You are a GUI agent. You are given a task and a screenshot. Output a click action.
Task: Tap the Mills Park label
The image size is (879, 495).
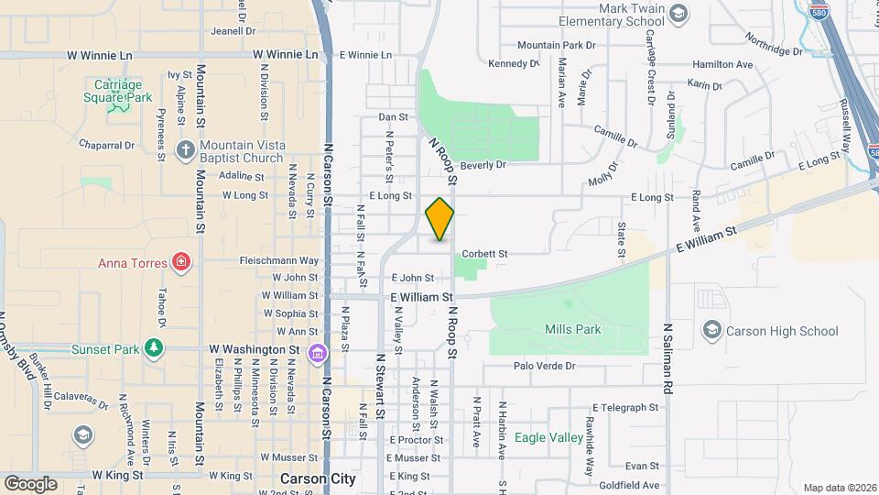click(x=572, y=329)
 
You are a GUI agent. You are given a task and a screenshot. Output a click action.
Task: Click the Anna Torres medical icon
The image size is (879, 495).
click(x=182, y=263)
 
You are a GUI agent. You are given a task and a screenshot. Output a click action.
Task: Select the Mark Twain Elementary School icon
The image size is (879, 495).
click(x=678, y=14)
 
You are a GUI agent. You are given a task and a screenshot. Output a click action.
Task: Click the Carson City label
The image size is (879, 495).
click(x=318, y=479)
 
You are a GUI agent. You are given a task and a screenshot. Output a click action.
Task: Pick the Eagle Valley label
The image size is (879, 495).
click(x=548, y=438)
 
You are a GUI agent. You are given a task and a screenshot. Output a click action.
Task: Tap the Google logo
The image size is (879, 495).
click(x=30, y=483)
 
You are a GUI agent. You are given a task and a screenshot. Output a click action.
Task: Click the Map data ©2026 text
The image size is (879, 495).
click(x=839, y=488)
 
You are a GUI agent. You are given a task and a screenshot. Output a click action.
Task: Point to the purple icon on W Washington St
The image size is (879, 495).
click(x=318, y=352)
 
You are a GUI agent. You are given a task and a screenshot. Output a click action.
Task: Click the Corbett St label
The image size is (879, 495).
click(x=484, y=253)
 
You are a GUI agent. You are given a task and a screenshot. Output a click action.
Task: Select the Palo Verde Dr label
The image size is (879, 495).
click(x=544, y=366)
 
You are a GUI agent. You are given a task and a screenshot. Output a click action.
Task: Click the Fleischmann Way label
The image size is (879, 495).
click(x=279, y=260)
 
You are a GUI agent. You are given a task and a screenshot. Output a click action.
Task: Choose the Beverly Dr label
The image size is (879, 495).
click(x=483, y=165)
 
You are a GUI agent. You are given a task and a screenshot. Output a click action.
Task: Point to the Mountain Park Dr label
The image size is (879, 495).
click(x=556, y=45)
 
